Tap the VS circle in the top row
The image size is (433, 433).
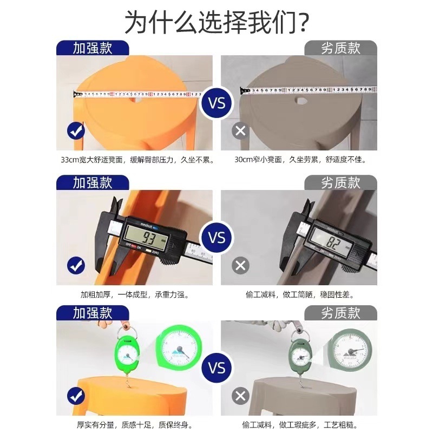(216, 102)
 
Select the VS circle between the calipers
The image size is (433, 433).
(216, 238)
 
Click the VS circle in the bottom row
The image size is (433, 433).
(216, 369)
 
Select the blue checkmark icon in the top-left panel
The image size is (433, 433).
(75, 131)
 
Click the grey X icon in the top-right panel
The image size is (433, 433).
(241, 131)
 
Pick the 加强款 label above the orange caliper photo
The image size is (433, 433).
(93, 182)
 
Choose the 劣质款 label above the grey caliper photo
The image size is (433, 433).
(340, 182)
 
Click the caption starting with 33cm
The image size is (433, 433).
(137, 160)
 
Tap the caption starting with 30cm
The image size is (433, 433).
(300, 160)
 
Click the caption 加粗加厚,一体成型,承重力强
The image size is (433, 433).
(134, 295)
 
